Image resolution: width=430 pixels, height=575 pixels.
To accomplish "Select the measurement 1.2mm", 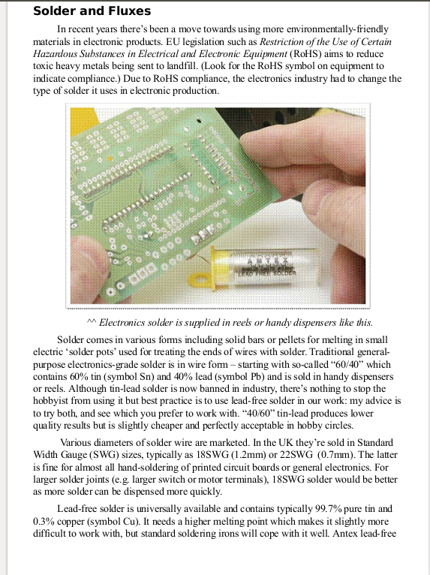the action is (x=218, y=455).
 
